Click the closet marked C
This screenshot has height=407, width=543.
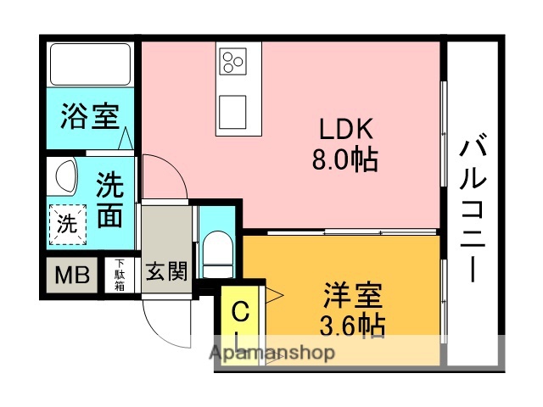point(240,313)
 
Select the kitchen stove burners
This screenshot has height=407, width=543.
point(232,61)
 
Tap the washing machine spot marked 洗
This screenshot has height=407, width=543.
point(65,225)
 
